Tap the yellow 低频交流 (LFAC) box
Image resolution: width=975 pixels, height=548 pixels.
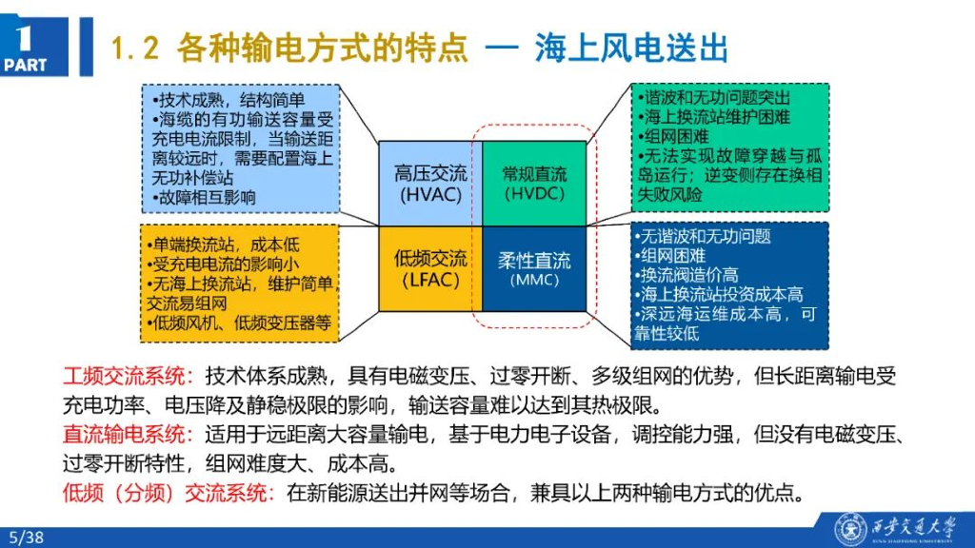pyautogui.click(x=430, y=268)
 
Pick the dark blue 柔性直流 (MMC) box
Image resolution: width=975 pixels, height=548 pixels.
pyautogui.click(x=534, y=268)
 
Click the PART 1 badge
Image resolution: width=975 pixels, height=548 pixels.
pyautogui.click(x=26, y=47)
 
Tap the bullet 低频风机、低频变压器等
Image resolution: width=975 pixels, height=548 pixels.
pyautogui.click(x=240, y=323)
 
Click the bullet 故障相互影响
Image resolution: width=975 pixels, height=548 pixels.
pyautogui.click(x=204, y=197)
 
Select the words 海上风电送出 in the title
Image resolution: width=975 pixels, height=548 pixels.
pyautogui.click(x=630, y=48)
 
